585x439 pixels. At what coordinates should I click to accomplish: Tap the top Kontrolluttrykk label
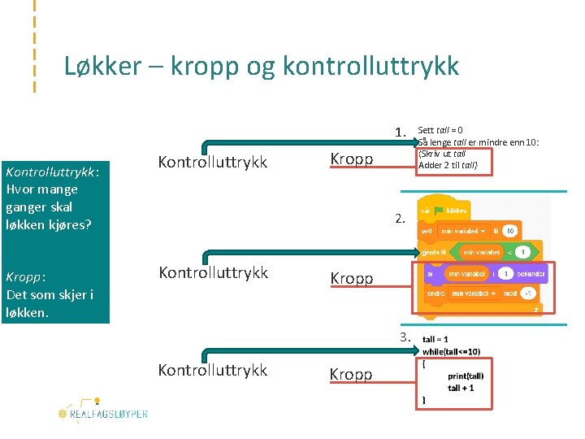(212, 162)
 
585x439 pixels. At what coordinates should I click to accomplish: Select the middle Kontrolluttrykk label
(212, 272)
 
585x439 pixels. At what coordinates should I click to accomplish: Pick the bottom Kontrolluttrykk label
(212, 370)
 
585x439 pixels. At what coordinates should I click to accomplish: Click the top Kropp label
(351, 159)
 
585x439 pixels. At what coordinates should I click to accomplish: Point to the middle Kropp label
(351, 278)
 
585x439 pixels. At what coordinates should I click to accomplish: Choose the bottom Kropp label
(351, 374)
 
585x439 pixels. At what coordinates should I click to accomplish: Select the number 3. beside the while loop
(406, 337)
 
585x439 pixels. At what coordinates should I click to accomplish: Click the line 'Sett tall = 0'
(440, 130)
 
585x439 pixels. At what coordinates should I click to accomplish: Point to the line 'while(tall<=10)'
(451, 351)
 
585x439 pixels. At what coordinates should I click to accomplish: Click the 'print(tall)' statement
(466, 376)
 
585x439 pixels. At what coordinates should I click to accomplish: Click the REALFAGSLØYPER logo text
(110, 414)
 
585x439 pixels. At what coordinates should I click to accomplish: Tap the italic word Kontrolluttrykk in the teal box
(51, 172)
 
